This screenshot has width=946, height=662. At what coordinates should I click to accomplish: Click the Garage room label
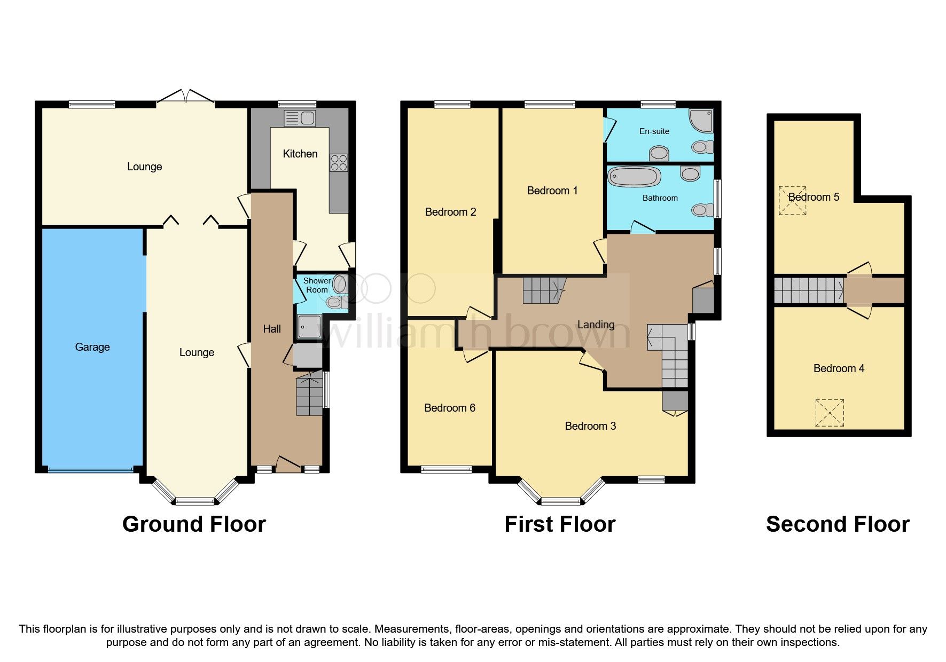[x=92, y=347]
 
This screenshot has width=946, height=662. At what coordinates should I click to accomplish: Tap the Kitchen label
[x=300, y=154]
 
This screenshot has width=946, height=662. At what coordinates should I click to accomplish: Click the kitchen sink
[x=300, y=118]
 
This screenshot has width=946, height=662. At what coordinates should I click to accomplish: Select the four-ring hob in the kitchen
[x=339, y=162]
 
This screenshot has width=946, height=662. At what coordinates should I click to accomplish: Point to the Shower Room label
[x=317, y=285]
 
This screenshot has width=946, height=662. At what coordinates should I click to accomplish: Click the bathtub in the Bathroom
[x=635, y=176]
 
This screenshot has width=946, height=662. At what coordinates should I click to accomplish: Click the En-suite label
[x=654, y=131]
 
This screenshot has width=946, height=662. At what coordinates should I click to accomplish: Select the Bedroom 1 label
[x=552, y=191]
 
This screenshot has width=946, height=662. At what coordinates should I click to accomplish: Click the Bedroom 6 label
[x=449, y=408]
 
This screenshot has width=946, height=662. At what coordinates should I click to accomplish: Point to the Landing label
[x=596, y=325]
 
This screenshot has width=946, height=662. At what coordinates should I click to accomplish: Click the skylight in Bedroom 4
[x=830, y=413]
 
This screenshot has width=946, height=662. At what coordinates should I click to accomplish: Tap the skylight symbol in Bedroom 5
[x=792, y=200]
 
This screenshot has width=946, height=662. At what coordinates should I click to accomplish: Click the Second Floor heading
[x=837, y=524]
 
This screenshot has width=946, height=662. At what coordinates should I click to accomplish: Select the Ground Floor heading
[x=194, y=524]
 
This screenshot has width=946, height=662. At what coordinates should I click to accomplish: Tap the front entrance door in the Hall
[x=288, y=464]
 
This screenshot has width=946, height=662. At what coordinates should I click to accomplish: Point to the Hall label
[x=271, y=329]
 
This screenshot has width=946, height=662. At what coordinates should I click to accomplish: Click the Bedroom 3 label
[x=590, y=426]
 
